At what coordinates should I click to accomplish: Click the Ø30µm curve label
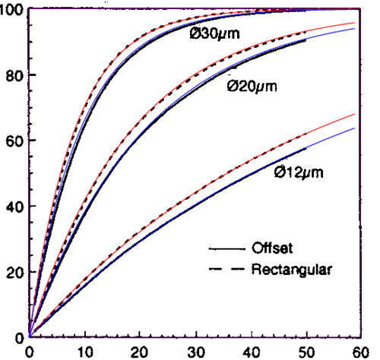[214, 33]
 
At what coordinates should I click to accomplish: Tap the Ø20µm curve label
[252, 87]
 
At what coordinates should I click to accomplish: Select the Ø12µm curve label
[299, 173]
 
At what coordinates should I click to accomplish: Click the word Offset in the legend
[272, 248]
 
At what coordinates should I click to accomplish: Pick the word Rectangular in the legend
[291, 270]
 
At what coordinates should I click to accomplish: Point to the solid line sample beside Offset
[227, 249]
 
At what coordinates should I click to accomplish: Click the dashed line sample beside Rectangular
[227, 269]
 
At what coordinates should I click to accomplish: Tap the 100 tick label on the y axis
[12, 11]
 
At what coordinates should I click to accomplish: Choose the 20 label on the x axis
[139, 352]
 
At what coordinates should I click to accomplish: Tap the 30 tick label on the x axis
[196, 352]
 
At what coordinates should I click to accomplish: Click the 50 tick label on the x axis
[306, 352]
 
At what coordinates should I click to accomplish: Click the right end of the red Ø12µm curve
[354, 114]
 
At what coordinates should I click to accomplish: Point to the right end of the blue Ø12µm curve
[354, 128]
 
